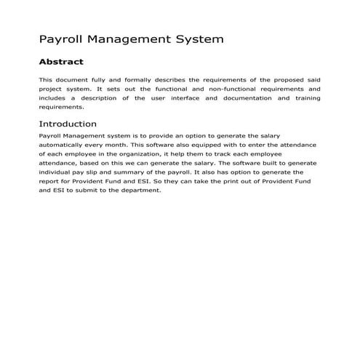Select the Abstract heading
[61, 62]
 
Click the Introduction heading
[68, 124]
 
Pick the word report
[50, 183]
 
